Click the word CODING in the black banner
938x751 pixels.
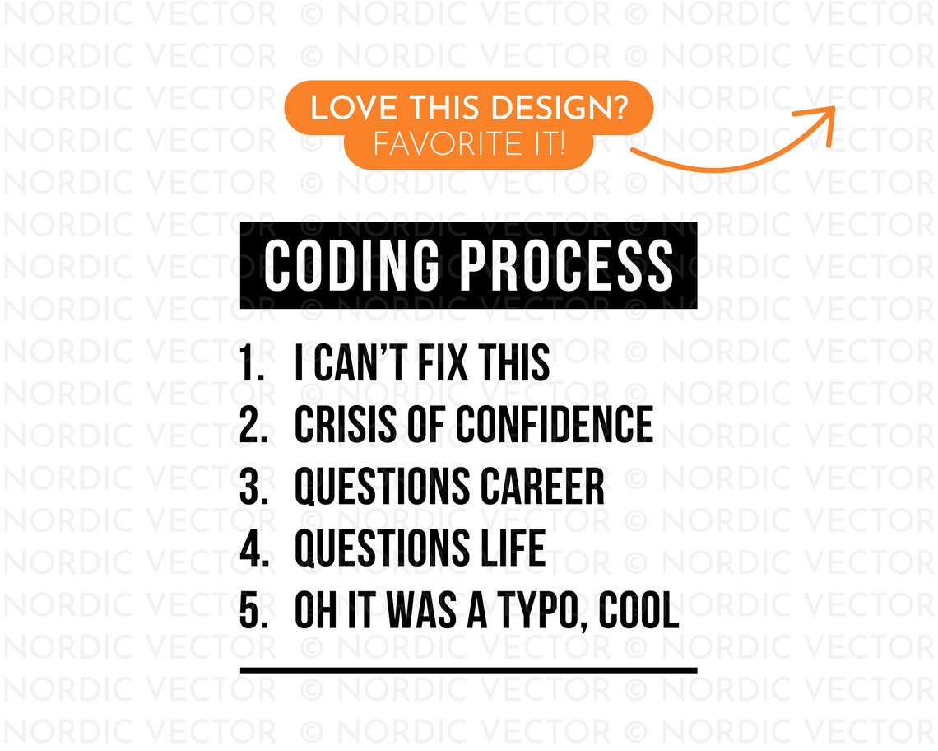click(x=355, y=265)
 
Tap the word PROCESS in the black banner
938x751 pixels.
click(x=566, y=265)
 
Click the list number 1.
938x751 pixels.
click(x=250, y=364)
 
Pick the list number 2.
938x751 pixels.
click(x=252, y=425)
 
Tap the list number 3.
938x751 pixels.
click(x=252, y=487)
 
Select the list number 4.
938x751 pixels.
click(x=252, y=548)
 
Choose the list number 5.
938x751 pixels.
click(x=252, y=612)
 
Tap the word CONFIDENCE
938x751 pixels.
click(x=555, y=425)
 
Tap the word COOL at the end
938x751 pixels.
click(x=638, y=612)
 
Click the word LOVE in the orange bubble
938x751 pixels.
click(x=343, y=109)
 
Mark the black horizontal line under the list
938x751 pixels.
click(x=468, y=670)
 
